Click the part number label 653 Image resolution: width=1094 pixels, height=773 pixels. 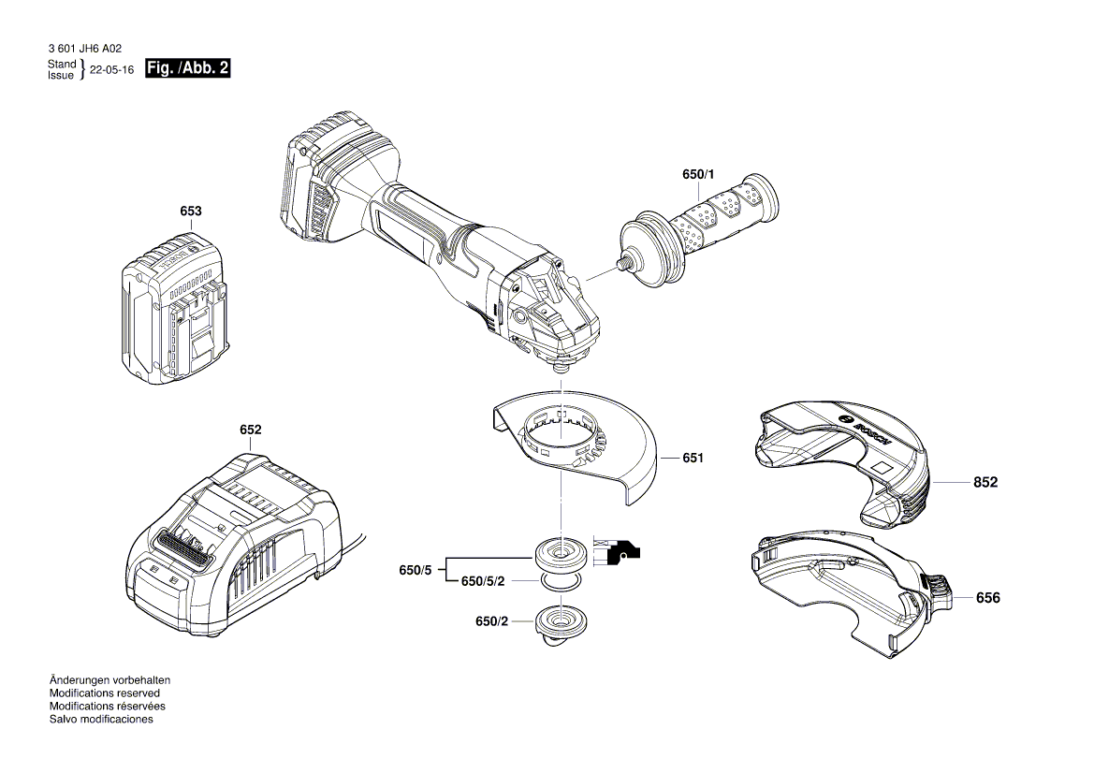click(x=190, y=211)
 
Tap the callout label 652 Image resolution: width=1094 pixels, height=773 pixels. click(x=250, y=430)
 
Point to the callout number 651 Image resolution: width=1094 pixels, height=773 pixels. click(x=693, y=459)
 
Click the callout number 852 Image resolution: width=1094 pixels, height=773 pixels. click(x=985, y=483)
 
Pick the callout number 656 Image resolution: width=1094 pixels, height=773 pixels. click(x=987, y=597)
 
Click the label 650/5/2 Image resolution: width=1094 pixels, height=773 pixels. click(x=482, y=581)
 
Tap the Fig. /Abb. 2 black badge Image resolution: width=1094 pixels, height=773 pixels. click(x=188, y=69)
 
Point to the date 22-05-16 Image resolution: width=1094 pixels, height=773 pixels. click(x=111, y=70)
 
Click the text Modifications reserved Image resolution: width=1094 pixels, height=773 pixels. click(x=104, y=693)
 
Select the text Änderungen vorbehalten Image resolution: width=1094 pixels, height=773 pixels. click(x=109, y=680)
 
